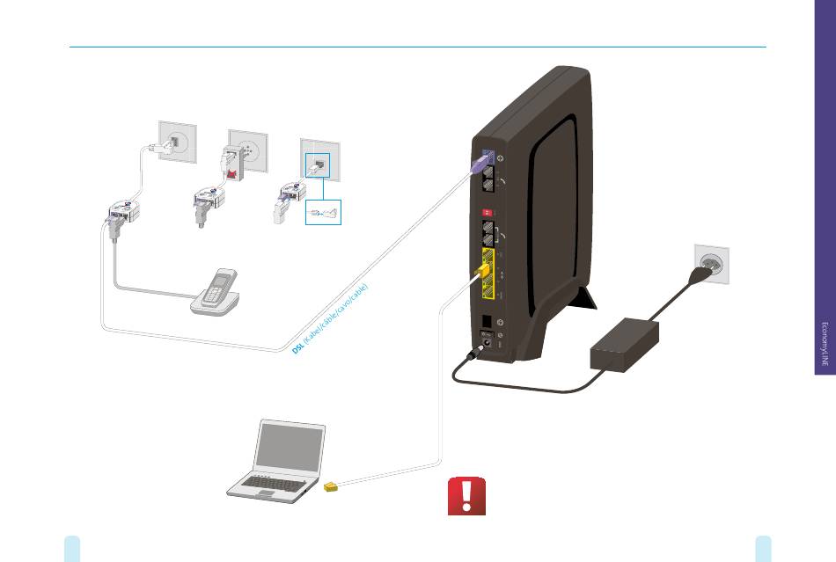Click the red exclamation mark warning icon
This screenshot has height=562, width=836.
pyautogui.click(x=466, y=498)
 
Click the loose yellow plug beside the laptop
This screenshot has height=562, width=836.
pyautogui.click(x=331, y=485)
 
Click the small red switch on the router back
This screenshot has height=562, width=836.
pyautogui.click(x=481, y=212)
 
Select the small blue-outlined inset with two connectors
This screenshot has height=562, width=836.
pyautogui.click(x=323, y=212)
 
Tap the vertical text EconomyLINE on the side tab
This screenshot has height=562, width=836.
pyautogui.click(x=825, y=342)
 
